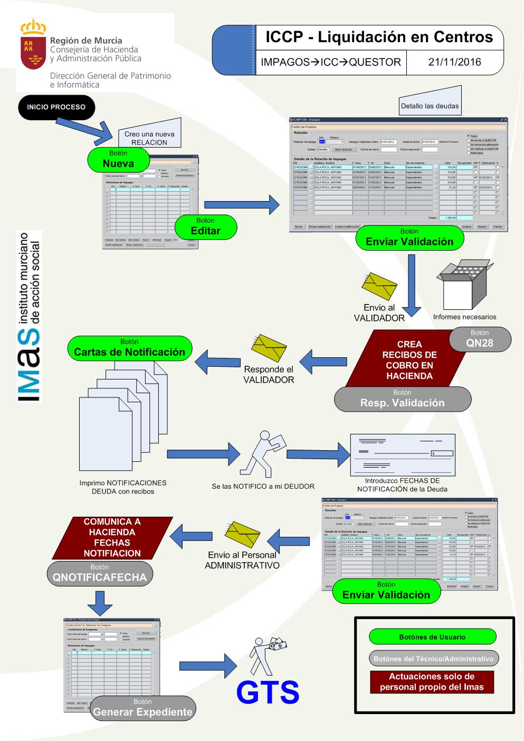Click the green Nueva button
click(118, 159)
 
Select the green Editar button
click(205, 226)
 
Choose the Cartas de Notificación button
click(129, 348)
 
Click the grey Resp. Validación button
click(402, 398)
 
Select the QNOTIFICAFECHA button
click(99, 573)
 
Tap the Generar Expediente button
click(142, 708)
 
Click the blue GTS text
click(268, 692)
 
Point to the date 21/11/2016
click(454, 62)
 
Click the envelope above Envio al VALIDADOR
click(379, 286)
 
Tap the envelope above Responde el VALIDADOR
click(269, 347)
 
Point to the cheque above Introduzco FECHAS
click(403, 454)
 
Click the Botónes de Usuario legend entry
click(432, 636)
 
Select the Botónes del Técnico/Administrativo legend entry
click(433, 658)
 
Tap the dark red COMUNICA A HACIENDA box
click(112, 537)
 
